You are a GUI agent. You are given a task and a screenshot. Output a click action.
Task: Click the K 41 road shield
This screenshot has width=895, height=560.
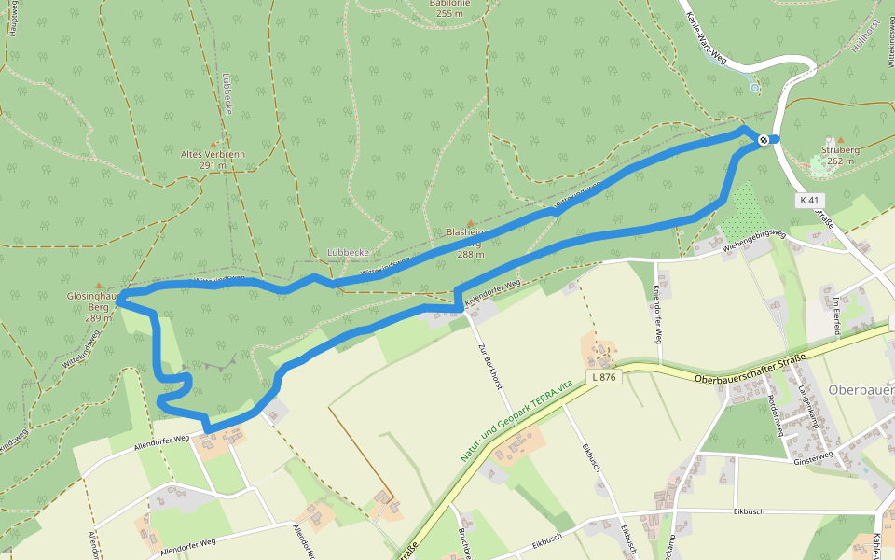(809, 201)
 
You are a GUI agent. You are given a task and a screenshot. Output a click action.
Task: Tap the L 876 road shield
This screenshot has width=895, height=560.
(602, 377)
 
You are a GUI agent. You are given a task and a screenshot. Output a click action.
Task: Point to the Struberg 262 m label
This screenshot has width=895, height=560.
(840, 155)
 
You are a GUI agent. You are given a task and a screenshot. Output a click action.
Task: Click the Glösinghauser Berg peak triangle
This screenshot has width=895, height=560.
(100, 284)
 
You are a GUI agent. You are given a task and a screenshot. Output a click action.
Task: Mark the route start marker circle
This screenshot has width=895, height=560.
(764, 140)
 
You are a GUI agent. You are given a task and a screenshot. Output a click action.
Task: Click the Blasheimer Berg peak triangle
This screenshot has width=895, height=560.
(470, 222)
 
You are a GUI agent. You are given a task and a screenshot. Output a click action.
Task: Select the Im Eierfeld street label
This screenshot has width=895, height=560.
(837, 315)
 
